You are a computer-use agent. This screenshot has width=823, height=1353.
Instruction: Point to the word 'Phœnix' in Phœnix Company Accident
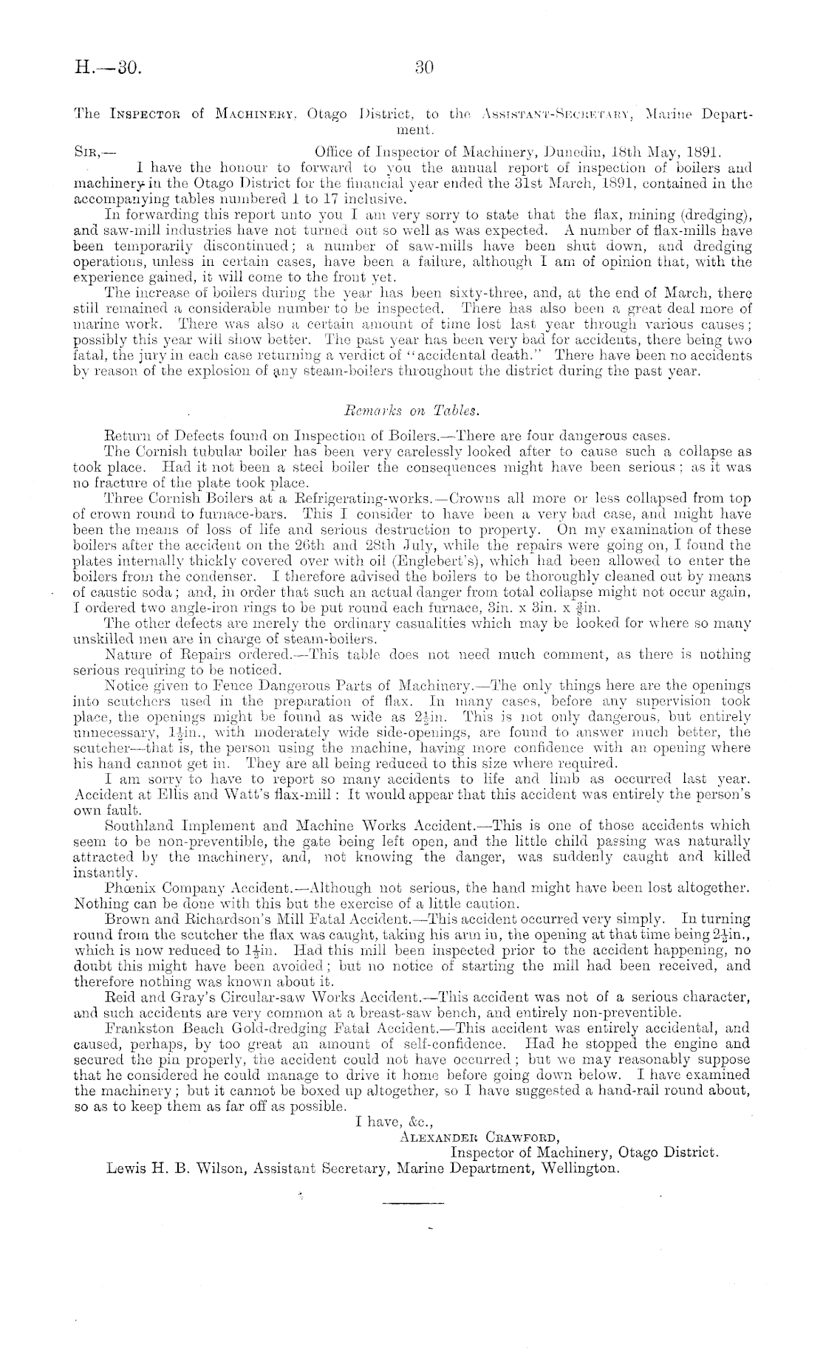point(129,887)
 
